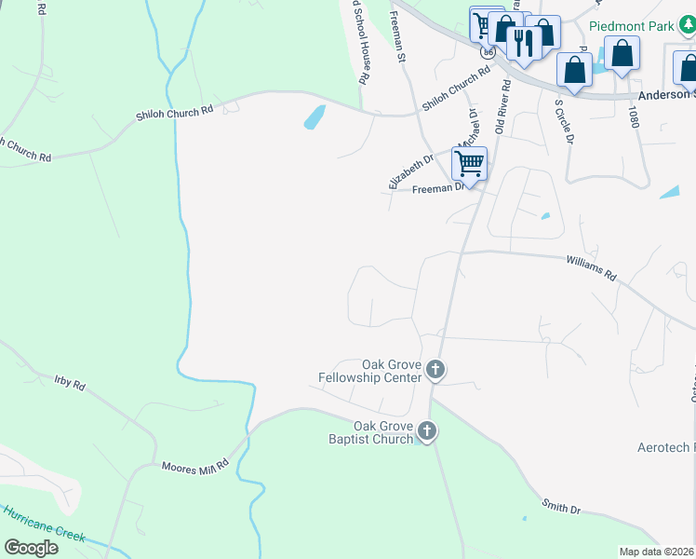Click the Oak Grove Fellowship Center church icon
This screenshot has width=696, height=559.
435,372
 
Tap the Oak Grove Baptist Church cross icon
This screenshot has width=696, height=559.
427,430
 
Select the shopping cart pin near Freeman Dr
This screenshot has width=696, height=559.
470,164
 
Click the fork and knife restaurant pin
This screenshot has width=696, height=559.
524,43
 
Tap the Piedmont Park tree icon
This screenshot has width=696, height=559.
687,25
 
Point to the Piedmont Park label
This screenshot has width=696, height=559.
631,26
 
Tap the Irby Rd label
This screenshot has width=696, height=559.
70,383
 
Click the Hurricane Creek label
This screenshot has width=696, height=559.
44,525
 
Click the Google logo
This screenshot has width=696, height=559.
31,548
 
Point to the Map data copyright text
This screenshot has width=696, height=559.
656,552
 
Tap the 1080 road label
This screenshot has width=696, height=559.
635,116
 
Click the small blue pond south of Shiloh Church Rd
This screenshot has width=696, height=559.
315,117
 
